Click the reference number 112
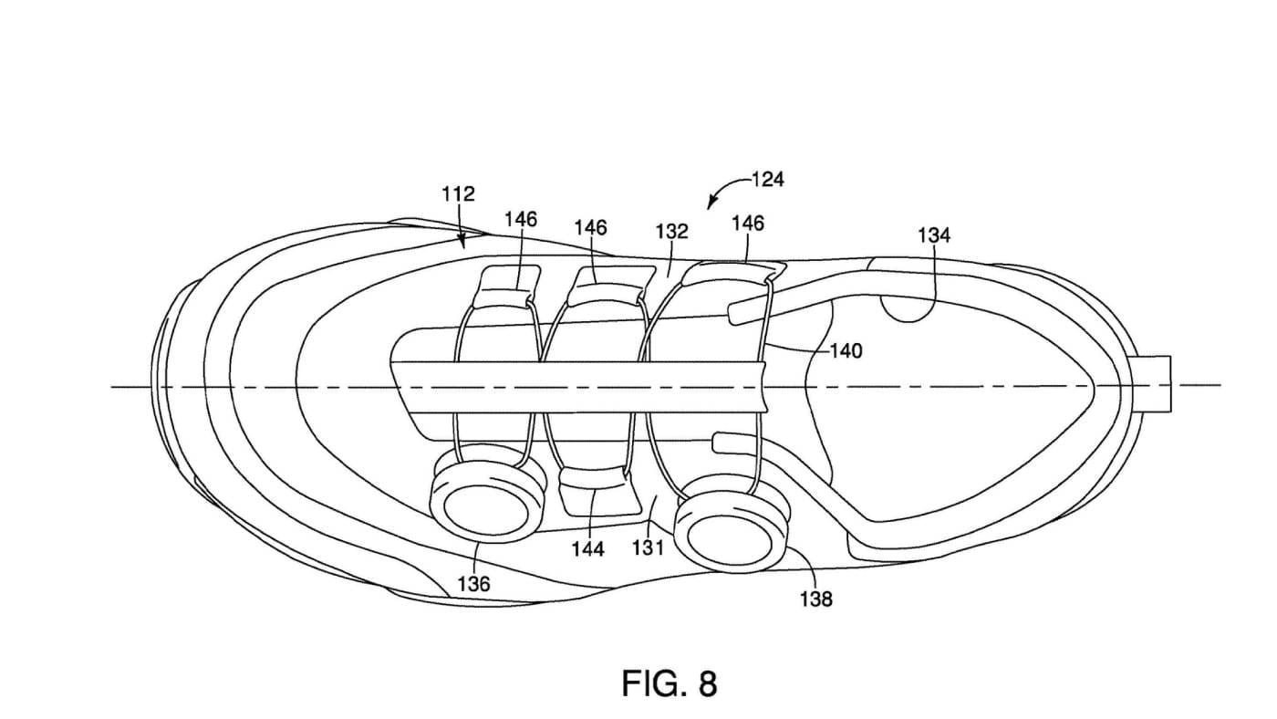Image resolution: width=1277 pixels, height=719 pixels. point(458,193)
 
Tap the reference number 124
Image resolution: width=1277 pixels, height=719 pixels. point(768,180)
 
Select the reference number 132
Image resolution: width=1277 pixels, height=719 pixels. point(672,231)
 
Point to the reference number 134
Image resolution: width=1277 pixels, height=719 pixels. point(934,234)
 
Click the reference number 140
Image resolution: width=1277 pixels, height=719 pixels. point(846,351)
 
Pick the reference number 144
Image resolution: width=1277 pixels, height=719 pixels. point(588,549)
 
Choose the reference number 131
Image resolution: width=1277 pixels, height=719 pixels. point(649,548)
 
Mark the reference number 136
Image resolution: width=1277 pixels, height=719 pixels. point(473,584)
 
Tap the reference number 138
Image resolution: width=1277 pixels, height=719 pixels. point(816,599)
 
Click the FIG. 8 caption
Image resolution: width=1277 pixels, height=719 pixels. point(670,683)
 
